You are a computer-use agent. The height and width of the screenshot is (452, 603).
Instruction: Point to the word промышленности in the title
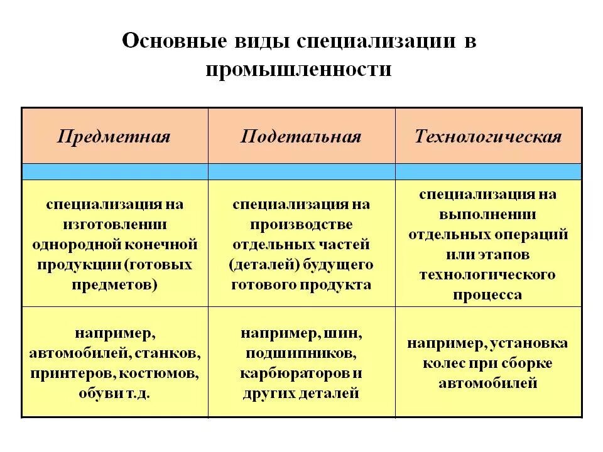point(298,69)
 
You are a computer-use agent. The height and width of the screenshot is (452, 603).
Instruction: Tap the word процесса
point(488,295)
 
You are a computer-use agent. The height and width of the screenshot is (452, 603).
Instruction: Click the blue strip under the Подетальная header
point(301,171)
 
